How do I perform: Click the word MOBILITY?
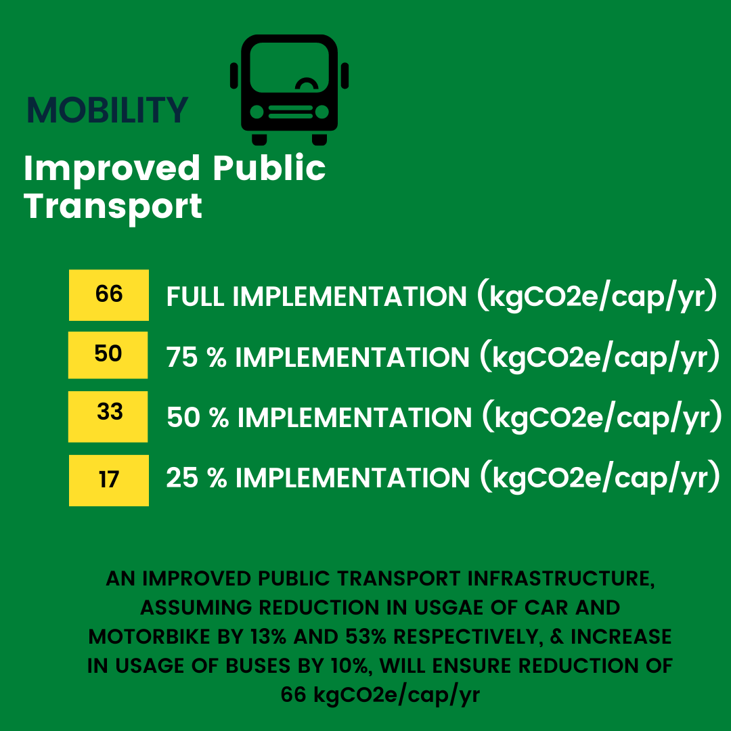point(107,110)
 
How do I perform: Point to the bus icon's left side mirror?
point(234,76)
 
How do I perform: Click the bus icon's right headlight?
point(322,112)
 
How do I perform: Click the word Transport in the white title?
point(113,207)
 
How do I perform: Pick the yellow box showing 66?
point(109,295)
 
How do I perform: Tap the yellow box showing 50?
point(108,355)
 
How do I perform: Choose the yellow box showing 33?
point(108,417)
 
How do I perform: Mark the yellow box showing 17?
point(109,481)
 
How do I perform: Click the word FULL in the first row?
point(196,296)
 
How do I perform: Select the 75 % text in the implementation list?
point(196,357)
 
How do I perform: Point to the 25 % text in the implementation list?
point(196,478)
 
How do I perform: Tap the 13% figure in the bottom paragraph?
point(268,637)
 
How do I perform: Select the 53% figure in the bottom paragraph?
point(366,637)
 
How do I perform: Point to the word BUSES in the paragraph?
point(259,666)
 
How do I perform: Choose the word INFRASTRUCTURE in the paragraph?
point(561,579)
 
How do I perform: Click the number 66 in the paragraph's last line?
point(294,694)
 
